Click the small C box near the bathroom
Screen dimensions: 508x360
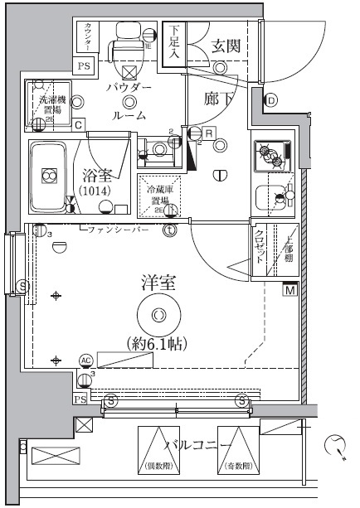pos(77,125)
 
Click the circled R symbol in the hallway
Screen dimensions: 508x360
pos(211,132)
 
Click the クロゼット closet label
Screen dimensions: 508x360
pos(260,246)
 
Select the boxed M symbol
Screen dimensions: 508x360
pos(290,290)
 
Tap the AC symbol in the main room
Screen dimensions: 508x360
pos(85,360)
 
